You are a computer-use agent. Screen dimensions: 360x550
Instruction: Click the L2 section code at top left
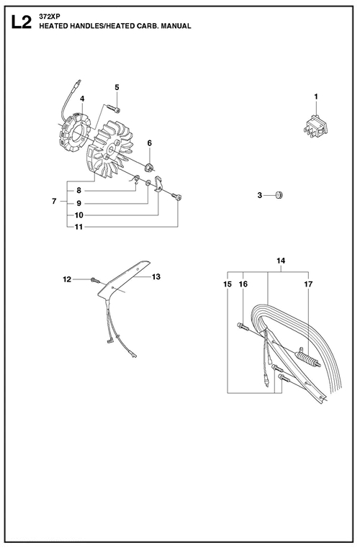pyautogui.click(x=21, y=22)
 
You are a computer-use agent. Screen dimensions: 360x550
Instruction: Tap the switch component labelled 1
pyautogui.click(x=317, y=126)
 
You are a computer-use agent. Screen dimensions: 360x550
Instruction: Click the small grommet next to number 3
pyautogui.click(x=279, y=194)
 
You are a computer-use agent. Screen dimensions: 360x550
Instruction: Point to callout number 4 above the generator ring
pyautogui.click(x=82, y=99)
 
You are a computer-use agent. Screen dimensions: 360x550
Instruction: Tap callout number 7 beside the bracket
pyautogui.click(x=54, y=202)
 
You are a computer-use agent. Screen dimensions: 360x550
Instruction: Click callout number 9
pyautogui.click(x=79, y=204)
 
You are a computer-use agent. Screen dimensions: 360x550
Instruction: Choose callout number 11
pyautogui.click(x=78, y=227)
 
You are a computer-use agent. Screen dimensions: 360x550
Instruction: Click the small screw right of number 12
pyautogui.click(x=95, y=279)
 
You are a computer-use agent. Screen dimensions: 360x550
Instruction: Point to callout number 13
pyautogui.click(x=156, y=276)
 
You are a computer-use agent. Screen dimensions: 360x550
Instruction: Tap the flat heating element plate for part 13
pyautogui.click(x=124, y=279)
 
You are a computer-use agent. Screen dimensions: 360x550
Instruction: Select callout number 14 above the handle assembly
pyautogui.click(x=281, y=261)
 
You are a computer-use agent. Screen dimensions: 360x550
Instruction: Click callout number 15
pyautogui.click(x=228, y=284)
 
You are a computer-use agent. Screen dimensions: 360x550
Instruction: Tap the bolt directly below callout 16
pyautogui.click(x=243, y=327)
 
